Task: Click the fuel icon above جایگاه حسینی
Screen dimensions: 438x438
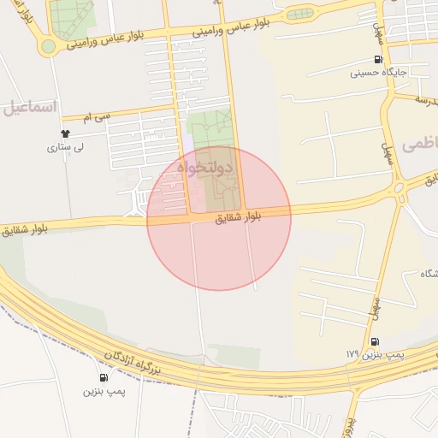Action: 377,60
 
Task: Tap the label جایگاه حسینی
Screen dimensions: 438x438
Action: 382,74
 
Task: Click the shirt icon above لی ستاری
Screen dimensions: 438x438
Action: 65,133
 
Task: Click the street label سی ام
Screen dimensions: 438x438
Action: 97,114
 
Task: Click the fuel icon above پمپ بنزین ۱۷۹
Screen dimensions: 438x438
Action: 375,341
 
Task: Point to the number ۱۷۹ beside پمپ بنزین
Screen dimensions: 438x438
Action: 352,354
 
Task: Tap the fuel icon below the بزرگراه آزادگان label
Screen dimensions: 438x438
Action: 104,377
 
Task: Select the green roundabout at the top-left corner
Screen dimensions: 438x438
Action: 48,46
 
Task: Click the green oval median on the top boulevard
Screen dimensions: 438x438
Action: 299,14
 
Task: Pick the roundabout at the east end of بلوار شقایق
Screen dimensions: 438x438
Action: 398,188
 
